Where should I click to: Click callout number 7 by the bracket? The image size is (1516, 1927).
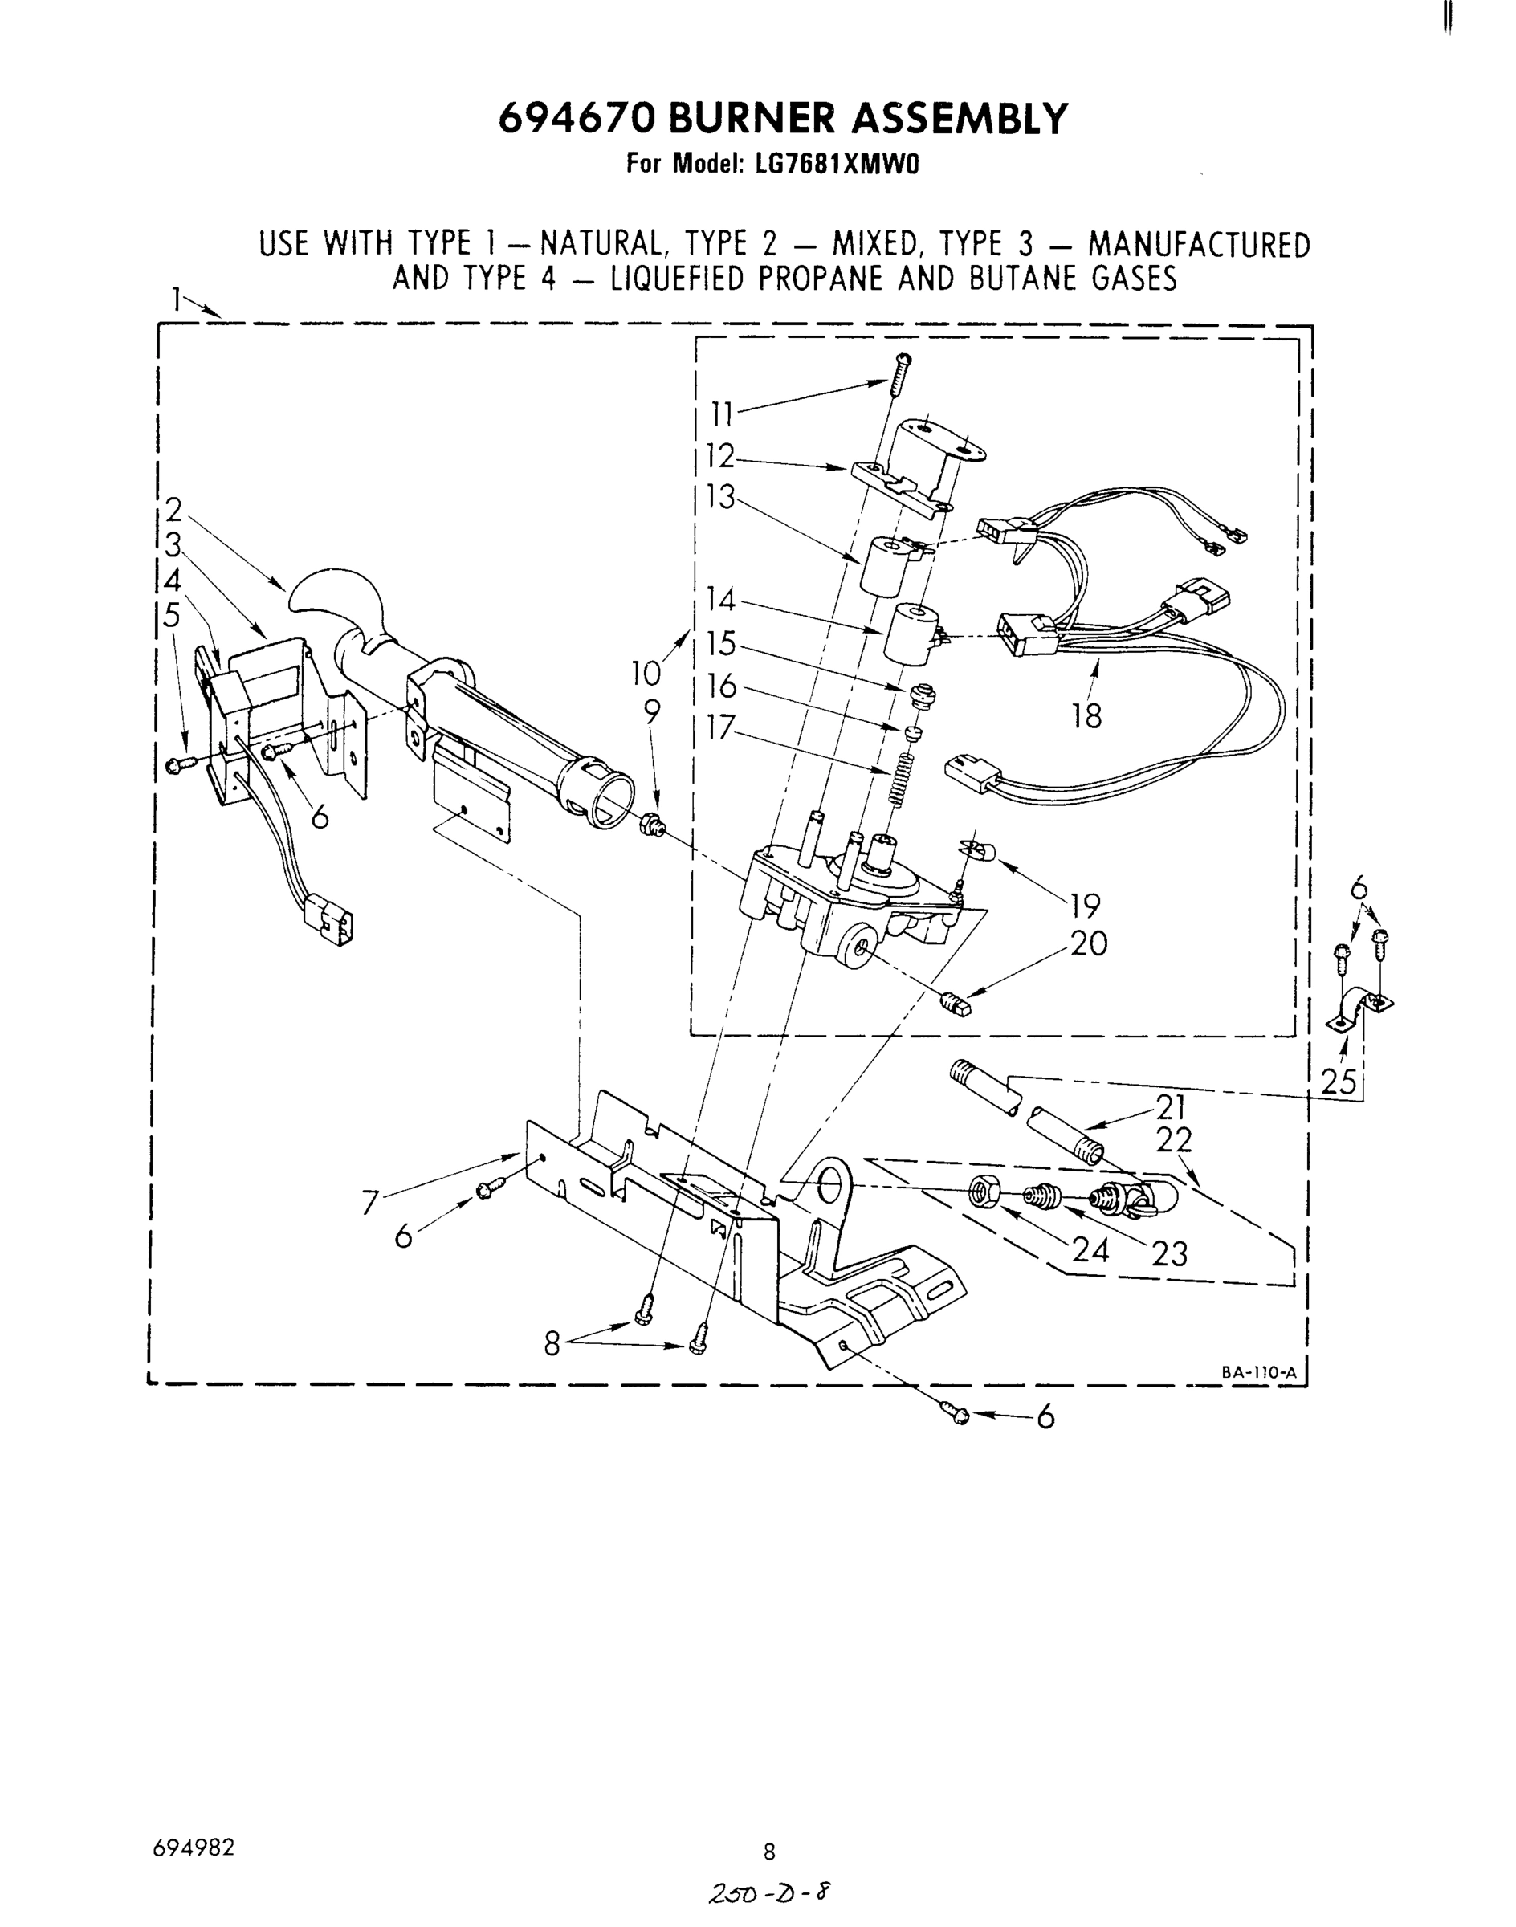(x=372, y=1203)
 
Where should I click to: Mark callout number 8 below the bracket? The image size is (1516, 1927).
(x=552, y=1345)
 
